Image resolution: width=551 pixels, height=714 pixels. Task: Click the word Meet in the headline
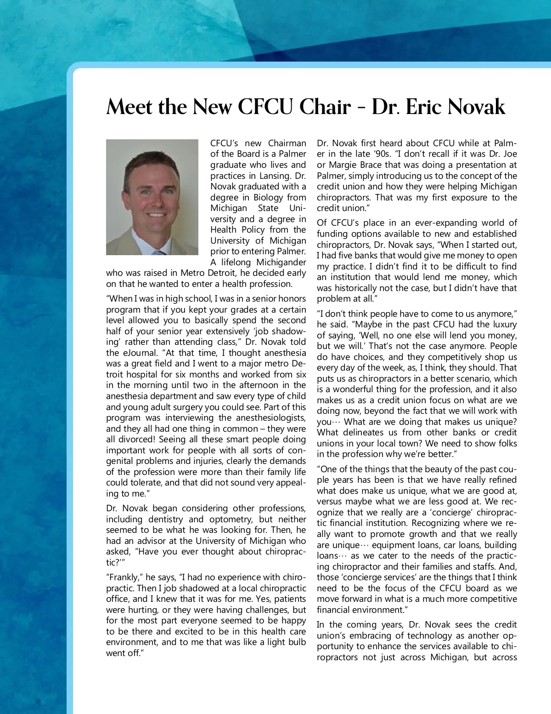click(x=129, y=107)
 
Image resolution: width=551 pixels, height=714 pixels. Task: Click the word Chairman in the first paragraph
click(x=287, y=143)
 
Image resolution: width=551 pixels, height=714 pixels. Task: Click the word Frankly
click(x=124, y=577)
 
